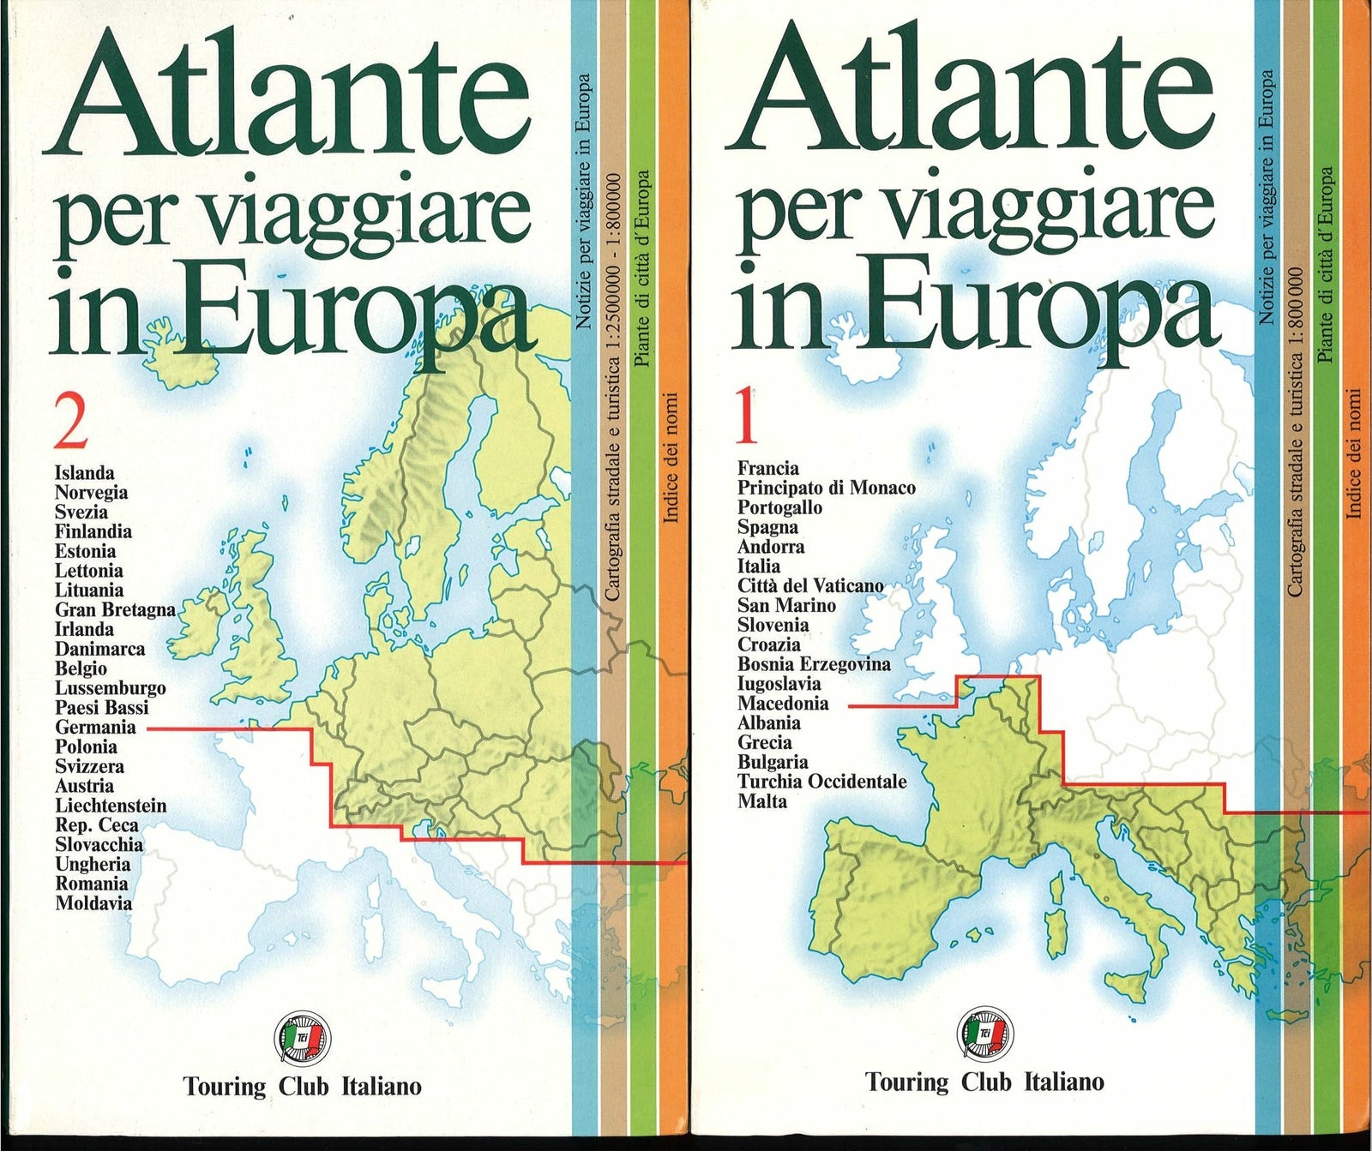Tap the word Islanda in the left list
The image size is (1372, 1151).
coord(84,473)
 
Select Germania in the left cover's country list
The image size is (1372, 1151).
coord(95,728)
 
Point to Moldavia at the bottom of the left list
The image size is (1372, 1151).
coord(93,903)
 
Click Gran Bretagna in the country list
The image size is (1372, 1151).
coord(115,610)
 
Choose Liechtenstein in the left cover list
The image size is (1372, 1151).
coord(111,806)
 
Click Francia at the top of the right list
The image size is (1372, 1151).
coord(767,469)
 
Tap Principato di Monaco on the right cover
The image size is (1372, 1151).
coord(826,489)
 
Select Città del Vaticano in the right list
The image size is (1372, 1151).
coord(810,586)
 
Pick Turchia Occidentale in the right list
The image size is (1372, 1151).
coord(821,782)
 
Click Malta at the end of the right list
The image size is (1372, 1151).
coord(761,802)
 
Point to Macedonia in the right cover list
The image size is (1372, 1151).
coord(783,704)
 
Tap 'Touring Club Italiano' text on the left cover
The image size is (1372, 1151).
coord(302,1087)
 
